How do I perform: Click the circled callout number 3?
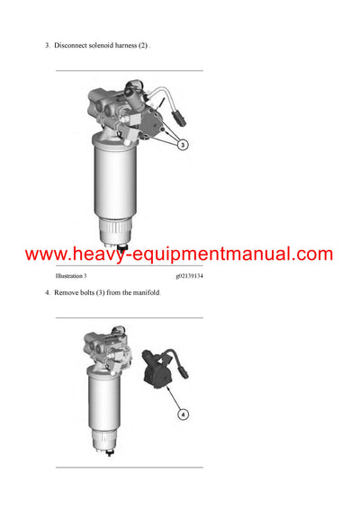182,144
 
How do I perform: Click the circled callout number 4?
183,415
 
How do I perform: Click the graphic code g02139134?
189,275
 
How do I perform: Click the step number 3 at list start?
47,44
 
